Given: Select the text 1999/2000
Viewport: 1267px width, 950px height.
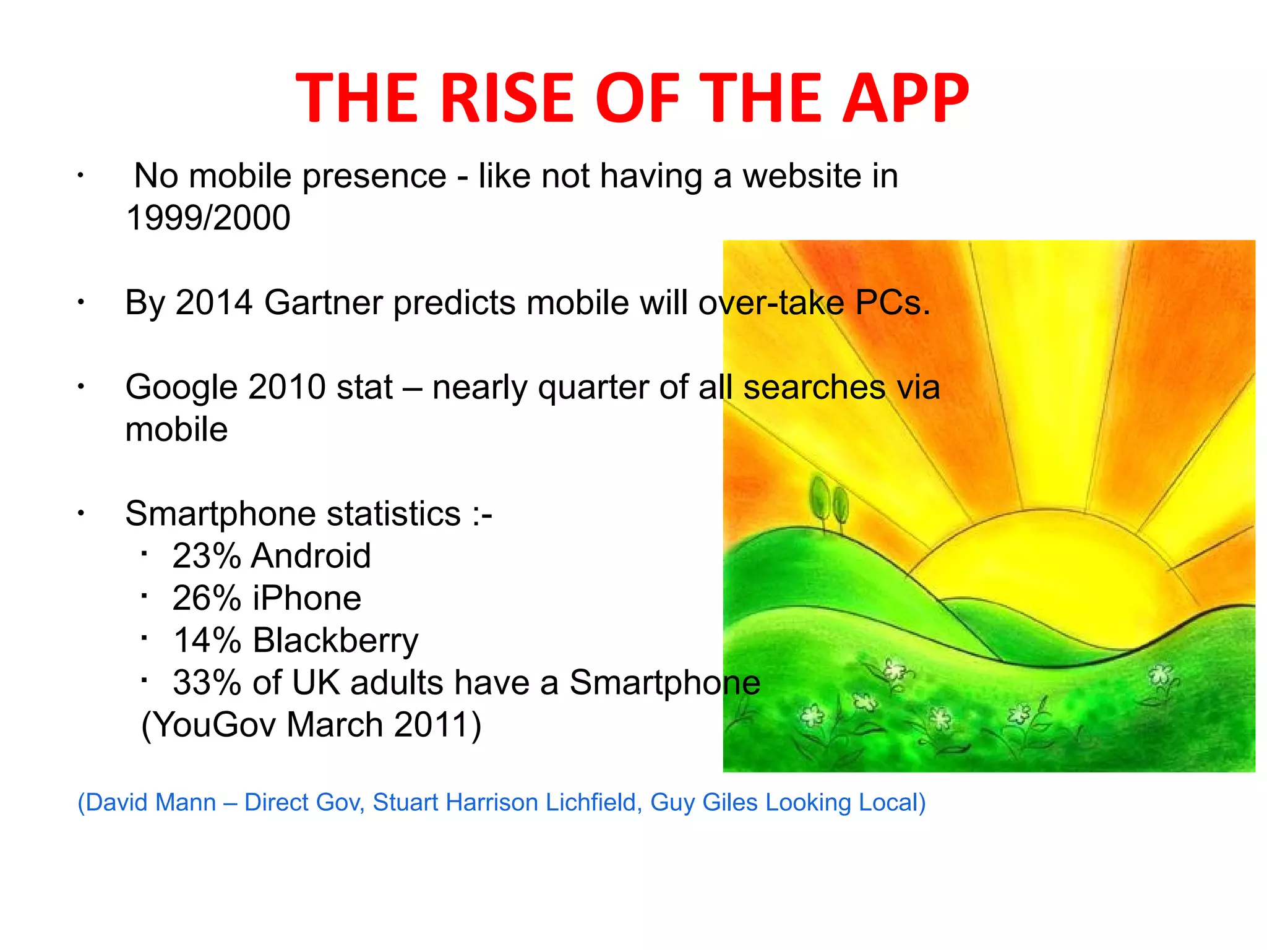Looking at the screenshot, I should coord(208,218).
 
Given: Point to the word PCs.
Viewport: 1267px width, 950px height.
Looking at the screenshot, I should coord(892,302).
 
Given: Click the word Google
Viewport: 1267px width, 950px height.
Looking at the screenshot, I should coord(181,387).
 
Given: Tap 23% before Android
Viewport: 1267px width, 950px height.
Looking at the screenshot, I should coord(207,555).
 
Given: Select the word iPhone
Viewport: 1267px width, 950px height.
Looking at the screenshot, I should coord(307,598).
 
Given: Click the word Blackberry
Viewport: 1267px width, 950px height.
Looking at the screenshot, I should coord(335,640).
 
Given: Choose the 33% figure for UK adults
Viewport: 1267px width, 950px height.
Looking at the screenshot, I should coord(207,682).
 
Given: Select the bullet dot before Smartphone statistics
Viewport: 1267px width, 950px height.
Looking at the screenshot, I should coord(80,513).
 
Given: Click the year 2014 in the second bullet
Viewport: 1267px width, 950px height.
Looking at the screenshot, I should coord(214,302).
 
